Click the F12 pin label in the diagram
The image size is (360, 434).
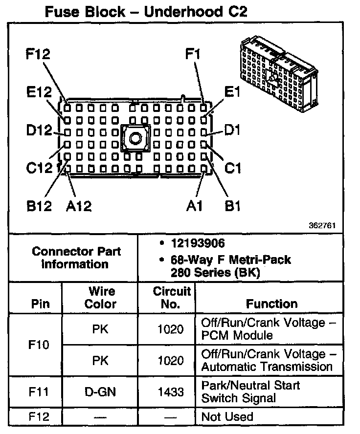pos(38,54)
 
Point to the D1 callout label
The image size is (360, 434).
pos(232,130)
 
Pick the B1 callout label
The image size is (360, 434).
pos(232,206)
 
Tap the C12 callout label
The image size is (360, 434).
pos(39,168)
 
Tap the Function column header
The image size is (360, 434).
pos(272,304)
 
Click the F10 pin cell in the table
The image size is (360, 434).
pos(40,345)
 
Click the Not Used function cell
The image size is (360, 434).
pos(227,417)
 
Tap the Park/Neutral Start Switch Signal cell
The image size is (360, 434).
pos(250,391)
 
